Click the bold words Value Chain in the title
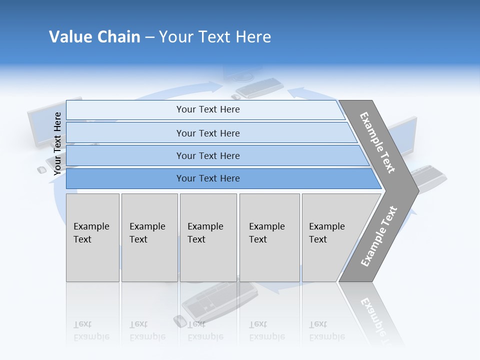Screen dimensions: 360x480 [x=94, y=37]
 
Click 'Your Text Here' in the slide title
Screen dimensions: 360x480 [x=215, y=37]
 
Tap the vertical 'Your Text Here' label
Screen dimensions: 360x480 [x=57, y=143]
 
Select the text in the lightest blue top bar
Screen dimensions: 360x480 [x=208, y=109]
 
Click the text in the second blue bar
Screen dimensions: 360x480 [x=208, y=133]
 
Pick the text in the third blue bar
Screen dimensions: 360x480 [x=208, y=156]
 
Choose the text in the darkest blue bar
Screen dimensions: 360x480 [x=208, y=178]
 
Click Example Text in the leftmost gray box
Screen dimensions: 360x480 [x=91, y=233]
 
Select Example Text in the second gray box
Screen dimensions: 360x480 [x=147, y=233]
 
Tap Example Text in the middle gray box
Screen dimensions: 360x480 [x=205, y=233]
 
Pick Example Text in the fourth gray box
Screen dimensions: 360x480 [x=266, y=233]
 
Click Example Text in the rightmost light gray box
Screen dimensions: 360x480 [x=326, y=233]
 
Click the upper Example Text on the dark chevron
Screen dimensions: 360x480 [x=377, y=142]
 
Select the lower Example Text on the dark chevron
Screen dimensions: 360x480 [x=379, y=236]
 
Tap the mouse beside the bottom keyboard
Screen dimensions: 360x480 [x=179, y=321]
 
